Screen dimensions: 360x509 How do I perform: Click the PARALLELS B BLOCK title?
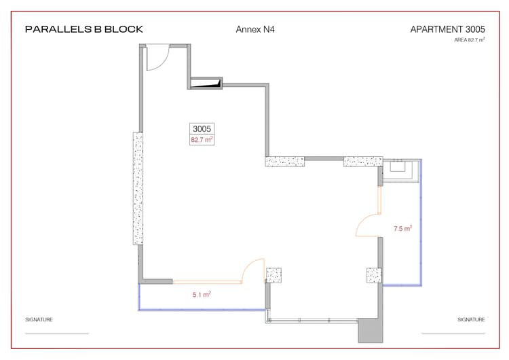pos(83,29)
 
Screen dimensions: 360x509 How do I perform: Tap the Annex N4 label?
pos(254,29)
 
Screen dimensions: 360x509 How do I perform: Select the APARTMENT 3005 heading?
pos(447,29)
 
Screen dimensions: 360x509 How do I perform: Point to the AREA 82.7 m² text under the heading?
pos(470,40)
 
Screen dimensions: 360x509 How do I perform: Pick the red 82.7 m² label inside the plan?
pos(202,140)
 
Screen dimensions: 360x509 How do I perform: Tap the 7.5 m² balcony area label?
pos(403,229)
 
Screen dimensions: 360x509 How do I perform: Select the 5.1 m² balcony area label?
pos(202,295)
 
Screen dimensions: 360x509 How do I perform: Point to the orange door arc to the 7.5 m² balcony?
pos(367,225)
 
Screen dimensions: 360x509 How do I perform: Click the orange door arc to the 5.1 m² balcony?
pos(253,270)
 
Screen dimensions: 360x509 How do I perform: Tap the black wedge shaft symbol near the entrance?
pos(206,84)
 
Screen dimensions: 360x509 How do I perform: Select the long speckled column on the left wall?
pos(138,188)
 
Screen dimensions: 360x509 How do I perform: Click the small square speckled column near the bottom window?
pos(274,275)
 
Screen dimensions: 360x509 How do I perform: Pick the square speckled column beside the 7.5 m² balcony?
pos(374,275)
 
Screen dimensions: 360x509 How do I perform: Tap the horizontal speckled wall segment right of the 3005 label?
pos(284,162)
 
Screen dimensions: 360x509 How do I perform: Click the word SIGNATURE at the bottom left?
pos(39,319)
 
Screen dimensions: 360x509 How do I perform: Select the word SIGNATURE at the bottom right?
pos(471,319)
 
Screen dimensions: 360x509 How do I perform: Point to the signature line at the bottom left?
pos(57,334)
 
